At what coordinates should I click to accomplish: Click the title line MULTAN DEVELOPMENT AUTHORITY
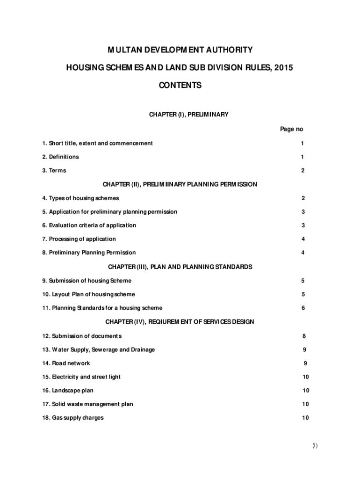click(x=180, y=50)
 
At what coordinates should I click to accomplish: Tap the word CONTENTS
click(x=180, y=86)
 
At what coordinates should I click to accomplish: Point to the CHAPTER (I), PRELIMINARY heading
click(x=188, y=115)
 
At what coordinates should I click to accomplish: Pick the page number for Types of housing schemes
click(x=303, y=198)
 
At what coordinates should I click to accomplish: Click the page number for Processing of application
click(x=303, y=239)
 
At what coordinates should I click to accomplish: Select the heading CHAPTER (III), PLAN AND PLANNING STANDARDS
click(x=180, y=267)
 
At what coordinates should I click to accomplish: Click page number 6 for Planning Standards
click(x=303, y=308)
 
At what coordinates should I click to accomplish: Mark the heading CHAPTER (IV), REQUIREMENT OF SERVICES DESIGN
click(x=180, y=322)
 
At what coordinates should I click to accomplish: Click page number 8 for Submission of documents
click(x=304, y=336)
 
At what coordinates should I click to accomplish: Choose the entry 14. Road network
click(x=66, y=363)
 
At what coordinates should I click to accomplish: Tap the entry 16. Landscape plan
click(x=68, y=391)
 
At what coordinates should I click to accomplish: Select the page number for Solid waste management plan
click(x=305, y=404)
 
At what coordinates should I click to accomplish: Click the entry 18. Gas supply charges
click(x=73, y=418)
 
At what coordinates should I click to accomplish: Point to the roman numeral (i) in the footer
click(x=315, y=446)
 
